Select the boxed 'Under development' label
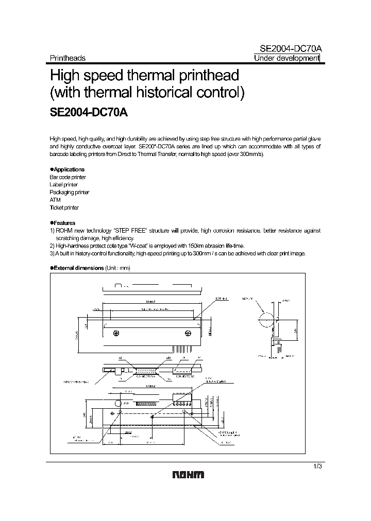[x=287, y=58]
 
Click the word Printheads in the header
[x=68, y=58]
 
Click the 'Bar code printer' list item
[x=68, y=177]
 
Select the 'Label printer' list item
[x=64, y=184]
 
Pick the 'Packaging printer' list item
[x=70, y=192]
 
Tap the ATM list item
[x=55, y=200]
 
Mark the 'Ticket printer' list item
[x=64, y=207]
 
